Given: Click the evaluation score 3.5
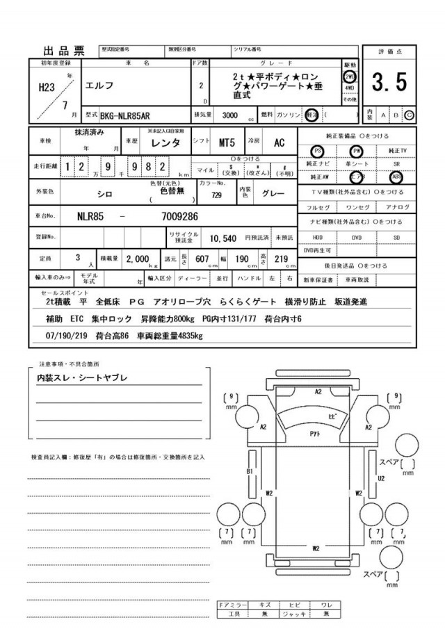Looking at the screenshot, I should tap(389, 83).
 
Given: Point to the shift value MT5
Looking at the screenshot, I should tap(227, 142).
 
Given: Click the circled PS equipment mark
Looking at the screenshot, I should tap(318, 150).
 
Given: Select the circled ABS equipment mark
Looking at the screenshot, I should tap(396, 177).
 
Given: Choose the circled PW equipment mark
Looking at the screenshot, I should tap(357, 150).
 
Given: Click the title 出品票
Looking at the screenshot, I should tap(64, 51).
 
